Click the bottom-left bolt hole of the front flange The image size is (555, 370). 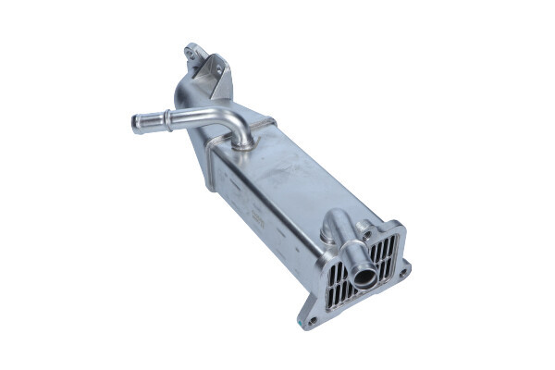pyautogui.click(x=313, y=321)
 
